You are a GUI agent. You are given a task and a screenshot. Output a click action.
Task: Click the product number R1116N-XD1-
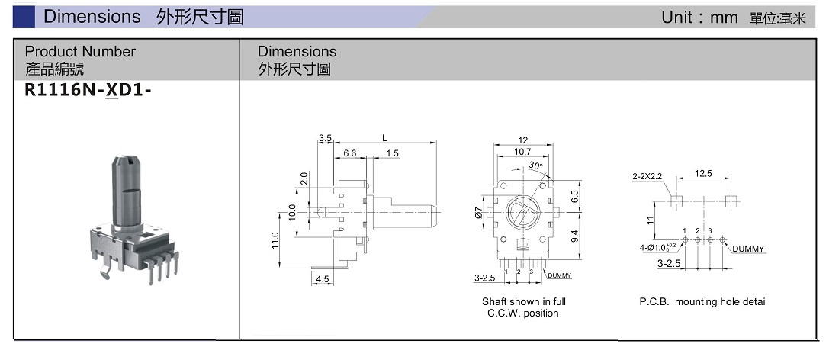tap(88, 91)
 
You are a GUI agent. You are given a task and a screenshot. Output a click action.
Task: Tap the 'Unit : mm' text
tap(699, 18)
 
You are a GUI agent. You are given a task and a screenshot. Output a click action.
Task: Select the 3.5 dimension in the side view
tap(325, 139)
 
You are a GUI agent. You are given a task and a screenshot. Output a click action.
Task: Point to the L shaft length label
tap(385, 138)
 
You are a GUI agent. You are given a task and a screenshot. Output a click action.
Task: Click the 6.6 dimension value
tap(350, 153)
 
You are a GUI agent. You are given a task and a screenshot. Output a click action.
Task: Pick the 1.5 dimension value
tap(392, 153)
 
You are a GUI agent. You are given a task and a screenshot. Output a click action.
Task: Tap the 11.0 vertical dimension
tap(275, 242)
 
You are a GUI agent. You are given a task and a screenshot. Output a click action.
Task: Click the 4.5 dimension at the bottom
tap(323, 279)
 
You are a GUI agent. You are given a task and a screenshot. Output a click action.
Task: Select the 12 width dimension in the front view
tap(523, 140)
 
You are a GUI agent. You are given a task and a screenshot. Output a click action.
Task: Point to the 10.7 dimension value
tap(522, 152)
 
